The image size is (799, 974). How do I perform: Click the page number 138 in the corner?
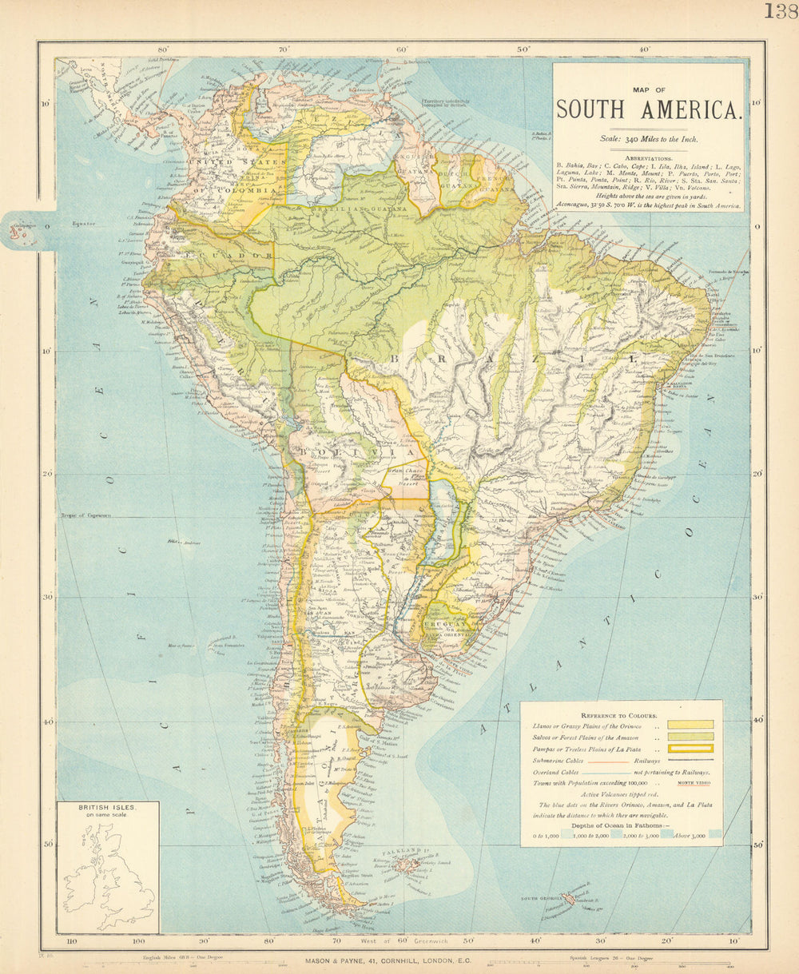[x=780, y=11]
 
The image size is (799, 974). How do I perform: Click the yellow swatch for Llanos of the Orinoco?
[x=692, y=725]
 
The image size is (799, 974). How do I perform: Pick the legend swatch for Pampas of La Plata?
[x=692, y=749]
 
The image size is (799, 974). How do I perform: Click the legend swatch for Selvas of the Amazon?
[x=692, y=737]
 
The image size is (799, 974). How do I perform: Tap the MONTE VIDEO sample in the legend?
[x=694, y=785]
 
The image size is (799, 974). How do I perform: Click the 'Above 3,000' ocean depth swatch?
[x=714, y=833]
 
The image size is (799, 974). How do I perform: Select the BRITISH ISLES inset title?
[x=107, y=808]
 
